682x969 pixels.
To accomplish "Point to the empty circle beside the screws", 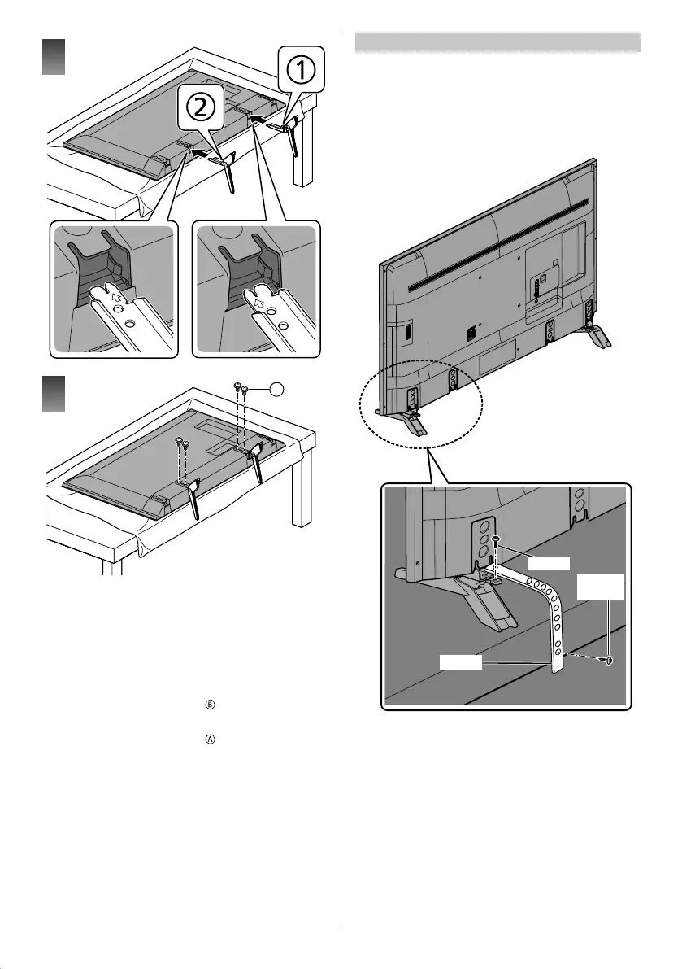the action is (277, 391).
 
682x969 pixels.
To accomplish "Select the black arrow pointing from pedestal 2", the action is (189, 151).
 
